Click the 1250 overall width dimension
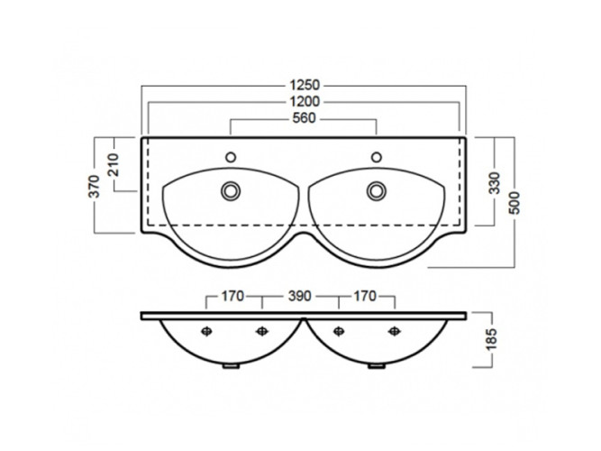click(305, 85)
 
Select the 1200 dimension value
click(305, 102)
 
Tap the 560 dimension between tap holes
click(304, 118)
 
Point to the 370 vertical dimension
click(94, 186)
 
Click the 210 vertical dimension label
click(114, 165)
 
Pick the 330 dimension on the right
click(495, 183)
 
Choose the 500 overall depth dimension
click(514, 203)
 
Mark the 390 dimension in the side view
click(300, 297)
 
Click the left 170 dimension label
click(232, 297)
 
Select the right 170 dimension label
click(365, 297)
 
